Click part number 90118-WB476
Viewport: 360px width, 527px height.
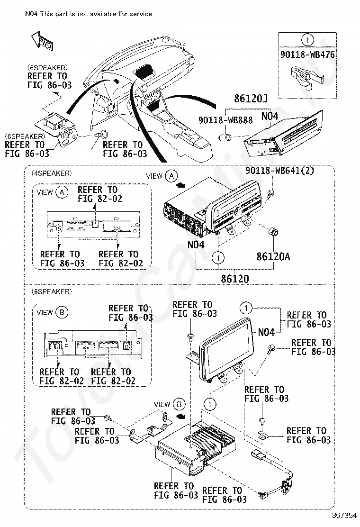pyautogui.click(x=307, y=55)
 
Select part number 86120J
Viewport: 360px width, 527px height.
pyautogui.click(x=251, y=99)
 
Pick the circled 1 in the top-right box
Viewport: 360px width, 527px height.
pyautogui.click(x=307, y=40)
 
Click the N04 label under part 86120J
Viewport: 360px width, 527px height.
pyautogui.click(x=270, y=115)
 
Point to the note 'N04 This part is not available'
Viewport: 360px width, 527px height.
pyautogui.click(x=89, y=14)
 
